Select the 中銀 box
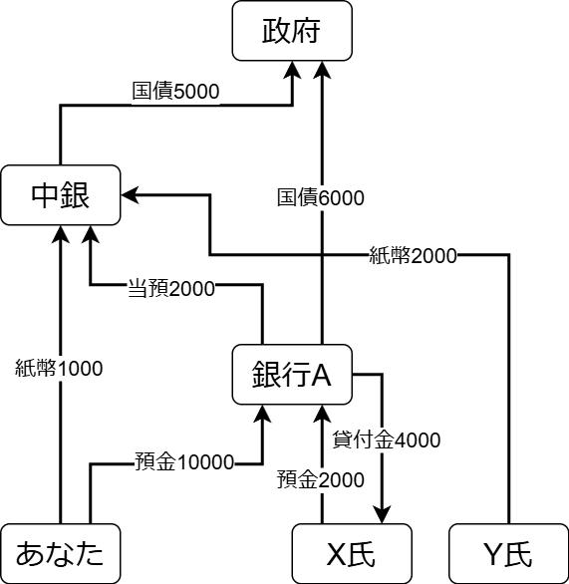[x=61, y=195]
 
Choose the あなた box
[x=61, y=553]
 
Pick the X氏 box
[x=351, y=553]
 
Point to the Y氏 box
[x=508, y=553]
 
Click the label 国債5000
[x=175, y=92]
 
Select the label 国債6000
[x=321, y=197]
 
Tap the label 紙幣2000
[x=413, y=256]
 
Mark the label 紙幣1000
[x=60, y=368]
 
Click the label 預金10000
[x=184, y=462]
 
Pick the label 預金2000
[x=320, y=479]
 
